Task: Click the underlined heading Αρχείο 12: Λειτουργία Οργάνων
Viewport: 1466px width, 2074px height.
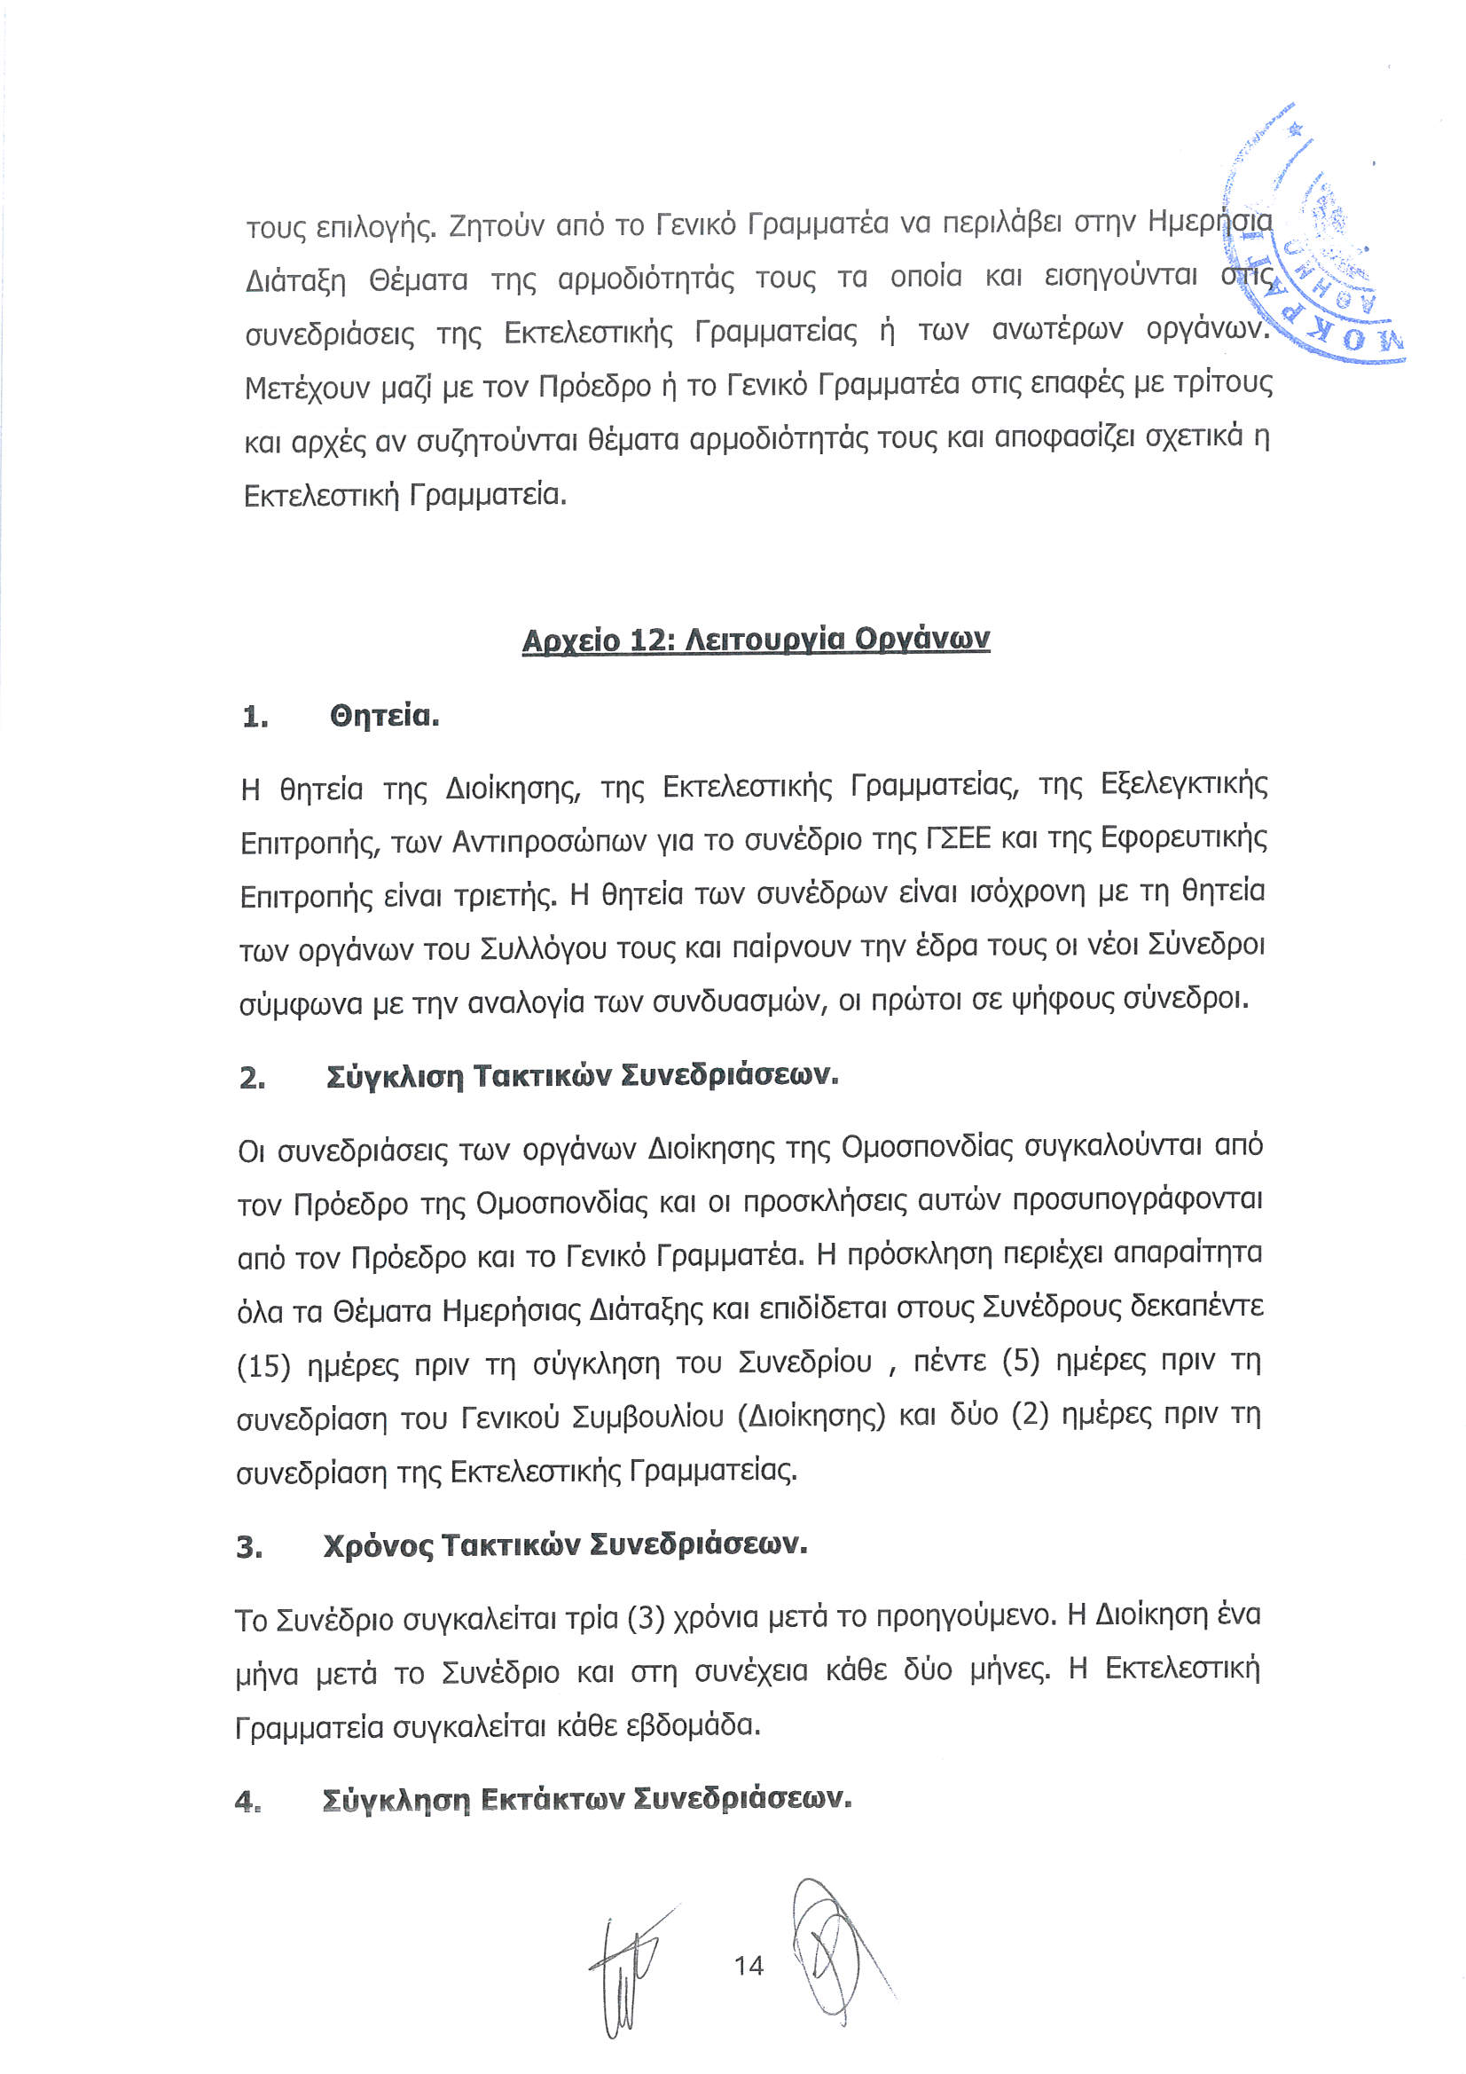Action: point(755,640)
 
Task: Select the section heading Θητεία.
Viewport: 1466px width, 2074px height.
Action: point(384,717)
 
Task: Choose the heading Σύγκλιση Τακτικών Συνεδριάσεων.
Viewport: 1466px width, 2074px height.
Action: point(582,1076)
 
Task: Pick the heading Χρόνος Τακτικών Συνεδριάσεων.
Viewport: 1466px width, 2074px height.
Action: point(565,1545)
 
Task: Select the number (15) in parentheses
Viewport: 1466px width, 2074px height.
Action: point(263,1366)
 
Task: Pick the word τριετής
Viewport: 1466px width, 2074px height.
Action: point(505,896)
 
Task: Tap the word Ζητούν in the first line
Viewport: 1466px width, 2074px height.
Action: point(493,225)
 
